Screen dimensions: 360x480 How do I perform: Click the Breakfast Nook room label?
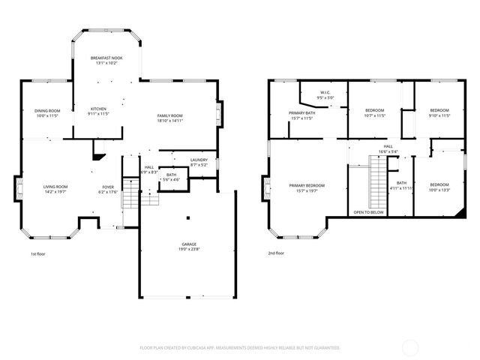pos(106,58)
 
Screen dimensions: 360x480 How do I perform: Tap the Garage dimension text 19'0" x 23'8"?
pos(189,249)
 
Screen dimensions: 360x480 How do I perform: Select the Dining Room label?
pos(47,111)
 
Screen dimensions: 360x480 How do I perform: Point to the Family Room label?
pos(169,115)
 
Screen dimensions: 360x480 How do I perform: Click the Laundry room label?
pos(199,160)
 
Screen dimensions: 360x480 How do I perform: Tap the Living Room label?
pos(55,187)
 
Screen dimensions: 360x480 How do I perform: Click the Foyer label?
pos(108,187)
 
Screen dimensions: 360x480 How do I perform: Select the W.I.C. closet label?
pos(325,92)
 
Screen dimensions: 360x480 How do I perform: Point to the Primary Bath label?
pos(301,113)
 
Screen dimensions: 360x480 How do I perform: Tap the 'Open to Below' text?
pos(369,212)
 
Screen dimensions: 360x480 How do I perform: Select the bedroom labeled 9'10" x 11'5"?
pos(439,111)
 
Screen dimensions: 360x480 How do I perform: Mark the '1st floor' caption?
pos(40,253)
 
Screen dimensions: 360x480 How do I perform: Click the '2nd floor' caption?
pos(275,253)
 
